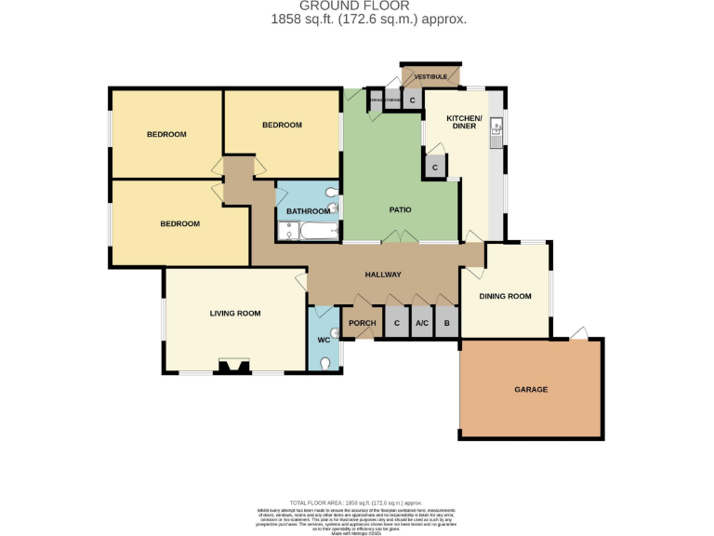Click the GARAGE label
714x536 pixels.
point(531,389)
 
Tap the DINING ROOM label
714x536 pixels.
point(505,296)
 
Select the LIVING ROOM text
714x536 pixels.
point(235,314)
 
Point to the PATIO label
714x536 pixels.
point(400,209)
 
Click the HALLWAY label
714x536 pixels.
point(382,275)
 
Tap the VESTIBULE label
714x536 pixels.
point(430,75)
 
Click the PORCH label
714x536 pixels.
point(362,323)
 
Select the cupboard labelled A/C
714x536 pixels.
point(421,323)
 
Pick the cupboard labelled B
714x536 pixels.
point(447,323)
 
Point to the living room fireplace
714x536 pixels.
point(231,367)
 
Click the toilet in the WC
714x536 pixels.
point(325,363)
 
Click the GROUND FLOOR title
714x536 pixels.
point(356,7)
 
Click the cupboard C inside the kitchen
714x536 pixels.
point(434,168)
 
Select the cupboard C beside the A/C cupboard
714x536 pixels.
point(397,323)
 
